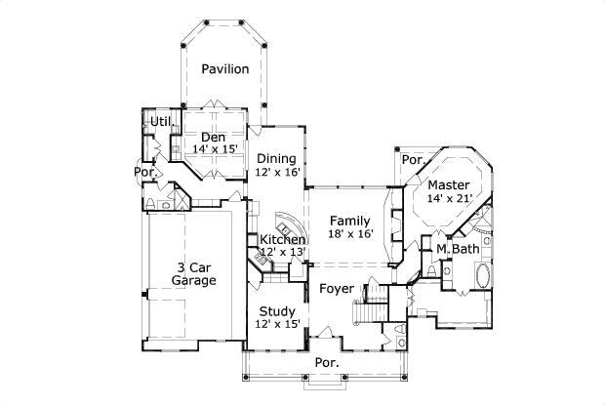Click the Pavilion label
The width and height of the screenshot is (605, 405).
pyautogui.click(x=225, y=69)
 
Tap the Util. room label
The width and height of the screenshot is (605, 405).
pyautogui.click(x=159, y=121)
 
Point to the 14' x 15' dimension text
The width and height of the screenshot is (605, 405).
pyautogui.click(x=215, y=149)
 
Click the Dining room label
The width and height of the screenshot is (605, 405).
pyautogui.click(x=276, y=158)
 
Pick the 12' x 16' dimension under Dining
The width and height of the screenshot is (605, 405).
pyautogui.click(x=277, y=172)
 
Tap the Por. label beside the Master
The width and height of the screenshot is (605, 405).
pyautogui.click(x=413, y=160)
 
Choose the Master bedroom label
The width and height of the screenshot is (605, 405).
pyautogui.click(x=449, y=184)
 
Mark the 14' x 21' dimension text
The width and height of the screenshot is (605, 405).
pyautogui.click(x=449, y=198)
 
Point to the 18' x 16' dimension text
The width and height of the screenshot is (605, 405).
pyautogui.click(x=350, y=233)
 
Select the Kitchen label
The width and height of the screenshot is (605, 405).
pyautogui.click(x=282, y=239)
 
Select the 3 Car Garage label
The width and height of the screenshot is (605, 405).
pyautogui.click(x=193, y=273)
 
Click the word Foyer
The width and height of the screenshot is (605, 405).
pyautogui.click(x=337, y=289)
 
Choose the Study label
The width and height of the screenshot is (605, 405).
pyautogui.click(x=277, y=311)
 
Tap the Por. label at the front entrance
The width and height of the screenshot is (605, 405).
pyautogui.click(x=326, y=362)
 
